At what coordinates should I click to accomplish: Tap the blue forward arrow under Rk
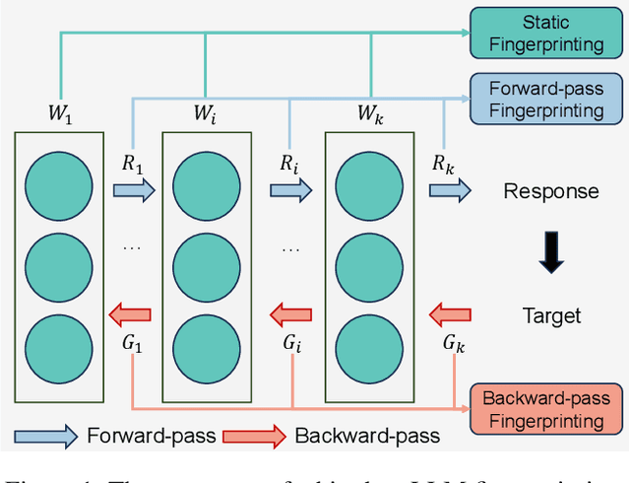450,191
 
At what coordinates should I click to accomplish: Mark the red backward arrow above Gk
450,315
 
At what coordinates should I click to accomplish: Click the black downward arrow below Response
551,252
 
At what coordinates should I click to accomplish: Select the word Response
551,191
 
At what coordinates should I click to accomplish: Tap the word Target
551,315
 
